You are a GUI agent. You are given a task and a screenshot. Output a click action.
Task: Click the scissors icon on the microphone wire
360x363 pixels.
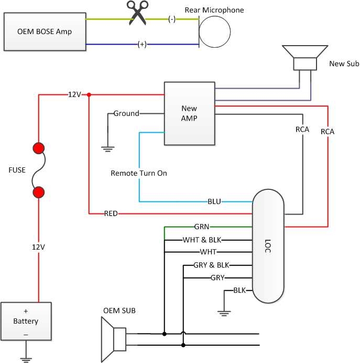click(138, 13)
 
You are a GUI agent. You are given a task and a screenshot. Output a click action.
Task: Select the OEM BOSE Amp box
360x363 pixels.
click(45, 31)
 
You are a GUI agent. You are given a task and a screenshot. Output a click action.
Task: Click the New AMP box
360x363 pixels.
click(189, 113)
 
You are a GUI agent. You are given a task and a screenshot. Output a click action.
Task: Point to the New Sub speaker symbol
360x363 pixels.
click(304, 58)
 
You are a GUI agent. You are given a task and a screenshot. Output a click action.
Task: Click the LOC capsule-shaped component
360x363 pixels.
click(268, 246)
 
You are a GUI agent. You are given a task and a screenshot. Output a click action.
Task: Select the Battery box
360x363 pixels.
click(26, 321)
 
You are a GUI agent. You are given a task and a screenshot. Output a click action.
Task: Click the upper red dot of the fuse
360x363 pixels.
click(38, 148)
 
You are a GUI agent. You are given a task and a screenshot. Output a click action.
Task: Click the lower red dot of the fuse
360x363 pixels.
click(38, 193)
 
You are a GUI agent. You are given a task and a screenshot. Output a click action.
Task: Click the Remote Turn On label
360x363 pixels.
click(139, 173)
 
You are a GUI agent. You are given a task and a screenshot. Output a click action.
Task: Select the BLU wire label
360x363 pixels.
click(214, 201)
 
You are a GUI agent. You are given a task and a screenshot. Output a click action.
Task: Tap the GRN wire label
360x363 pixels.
click(201, 227)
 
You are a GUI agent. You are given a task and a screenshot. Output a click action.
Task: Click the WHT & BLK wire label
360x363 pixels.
click(201, 240)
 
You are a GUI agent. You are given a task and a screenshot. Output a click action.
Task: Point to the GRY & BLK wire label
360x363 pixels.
click(211, 265)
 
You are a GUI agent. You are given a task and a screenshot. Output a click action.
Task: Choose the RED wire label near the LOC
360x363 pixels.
click(111, 213)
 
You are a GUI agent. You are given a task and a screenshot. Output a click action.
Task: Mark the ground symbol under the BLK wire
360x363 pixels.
click(224, 313)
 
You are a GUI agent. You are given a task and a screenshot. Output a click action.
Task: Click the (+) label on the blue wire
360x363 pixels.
click(141, 45)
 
